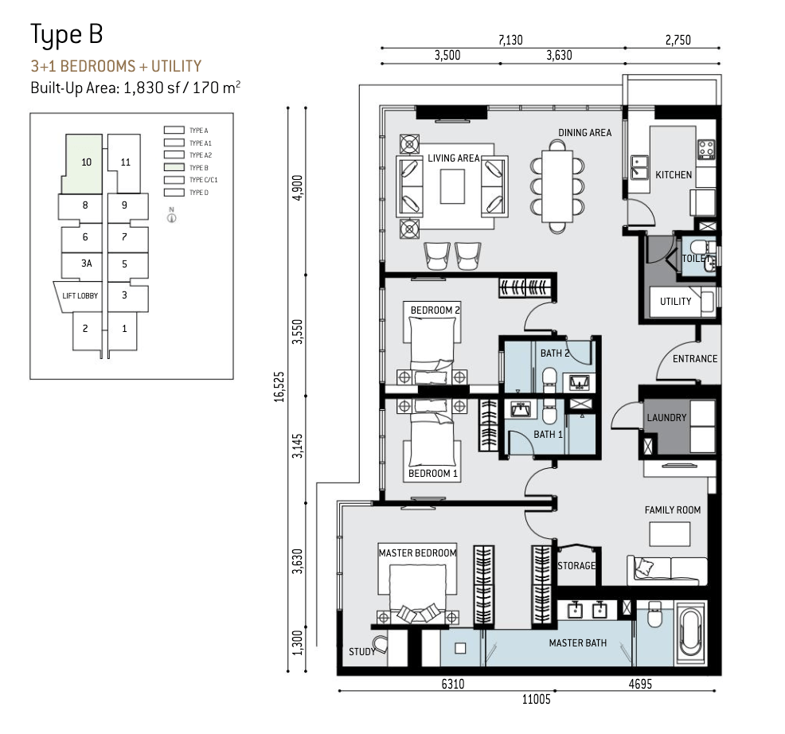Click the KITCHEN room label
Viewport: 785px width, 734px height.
[x=674, y=174]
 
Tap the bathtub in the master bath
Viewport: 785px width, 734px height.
[x=691, y=634]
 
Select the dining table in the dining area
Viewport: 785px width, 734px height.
[x=557, y=186]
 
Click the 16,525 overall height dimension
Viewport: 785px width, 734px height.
[x=279, y=387]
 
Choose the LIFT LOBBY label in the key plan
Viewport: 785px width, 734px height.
[x=80, y=296]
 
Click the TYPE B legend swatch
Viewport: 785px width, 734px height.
[x=174, y=168]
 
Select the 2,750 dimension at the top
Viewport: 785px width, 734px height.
[x=678, y=40]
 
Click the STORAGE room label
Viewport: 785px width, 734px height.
[x=576, y=566]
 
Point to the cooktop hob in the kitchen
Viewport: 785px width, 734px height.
[x=706, y=149]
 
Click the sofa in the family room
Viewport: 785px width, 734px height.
[x=667, y=570]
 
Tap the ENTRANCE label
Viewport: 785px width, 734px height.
[x=695, y=359]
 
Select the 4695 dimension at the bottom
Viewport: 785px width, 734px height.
[x=640, y=684]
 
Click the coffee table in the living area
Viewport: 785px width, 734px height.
[x=452, y=186]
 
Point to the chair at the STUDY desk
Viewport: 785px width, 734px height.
[x=380, y=645]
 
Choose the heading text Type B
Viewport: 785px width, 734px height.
[x=67, y=35]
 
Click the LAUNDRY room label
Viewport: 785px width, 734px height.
[x=666, y=418]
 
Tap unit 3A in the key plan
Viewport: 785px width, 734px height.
[x=87, y=264]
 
